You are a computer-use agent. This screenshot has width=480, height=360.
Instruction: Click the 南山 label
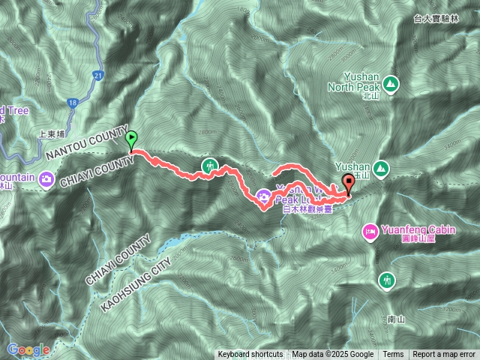[397, 319]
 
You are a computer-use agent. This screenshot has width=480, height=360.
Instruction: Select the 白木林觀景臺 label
[307, 211]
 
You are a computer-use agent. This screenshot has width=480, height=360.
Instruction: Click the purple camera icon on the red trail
[264, 196]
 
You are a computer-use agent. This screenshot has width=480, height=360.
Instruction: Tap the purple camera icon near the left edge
[46, 178]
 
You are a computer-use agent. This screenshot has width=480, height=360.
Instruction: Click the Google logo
[28, 349]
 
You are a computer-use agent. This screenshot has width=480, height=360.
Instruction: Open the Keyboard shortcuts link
[250, 355]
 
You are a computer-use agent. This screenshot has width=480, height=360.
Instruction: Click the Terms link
[393, 355]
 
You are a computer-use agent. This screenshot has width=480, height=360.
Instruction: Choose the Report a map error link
[445, 355]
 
